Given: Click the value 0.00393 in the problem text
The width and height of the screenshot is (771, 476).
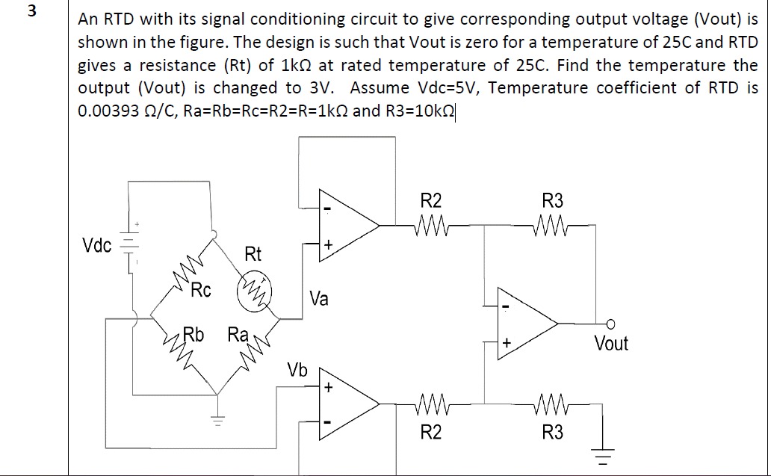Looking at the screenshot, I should click(x=105, y=111).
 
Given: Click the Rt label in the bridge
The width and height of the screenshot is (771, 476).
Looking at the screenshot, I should click(x=253, y=254).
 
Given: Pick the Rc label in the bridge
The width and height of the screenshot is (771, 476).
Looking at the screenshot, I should click(x=200, y=290).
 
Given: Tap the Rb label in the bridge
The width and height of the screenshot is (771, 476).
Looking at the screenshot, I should click(x=193, y=334).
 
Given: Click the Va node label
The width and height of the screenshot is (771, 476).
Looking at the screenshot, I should click(x=318, y=299).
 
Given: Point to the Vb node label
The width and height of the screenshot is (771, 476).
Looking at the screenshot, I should click(x=297, y=370).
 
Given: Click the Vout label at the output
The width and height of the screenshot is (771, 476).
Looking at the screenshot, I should click(x=611, y=344).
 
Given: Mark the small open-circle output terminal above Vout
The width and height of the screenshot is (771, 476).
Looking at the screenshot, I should click(x=610, y=323).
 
